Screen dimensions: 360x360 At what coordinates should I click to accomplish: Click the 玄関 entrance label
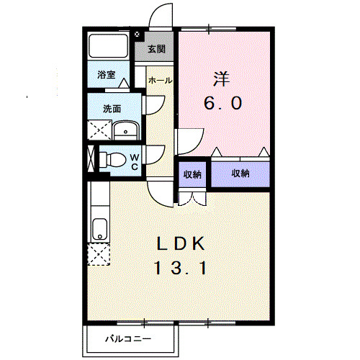[x=157, y=50]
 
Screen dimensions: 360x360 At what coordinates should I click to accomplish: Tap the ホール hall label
[x=160, y=81]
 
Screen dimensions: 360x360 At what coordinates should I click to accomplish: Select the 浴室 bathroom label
[x=107, y=74]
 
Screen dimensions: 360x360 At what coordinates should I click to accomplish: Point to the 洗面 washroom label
[x=112, y=109]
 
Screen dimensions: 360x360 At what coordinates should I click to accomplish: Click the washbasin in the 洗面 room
[x=127, y=130]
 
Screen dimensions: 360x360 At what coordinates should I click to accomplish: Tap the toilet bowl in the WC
[x=113, y=159]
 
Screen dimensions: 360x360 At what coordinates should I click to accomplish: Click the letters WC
[x=134, y=161]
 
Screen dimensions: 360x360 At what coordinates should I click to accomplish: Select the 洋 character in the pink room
[x=220, y=76]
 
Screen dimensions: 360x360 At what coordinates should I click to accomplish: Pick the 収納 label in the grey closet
[x=192, y=174]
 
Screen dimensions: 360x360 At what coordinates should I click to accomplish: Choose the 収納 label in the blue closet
[x=240, y=174]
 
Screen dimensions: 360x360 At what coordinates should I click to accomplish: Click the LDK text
[x=181, y=243]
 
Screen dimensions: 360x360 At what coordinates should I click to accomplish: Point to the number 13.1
[x=181, y=269]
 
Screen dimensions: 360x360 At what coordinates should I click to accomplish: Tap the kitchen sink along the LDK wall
[x=99, y=229]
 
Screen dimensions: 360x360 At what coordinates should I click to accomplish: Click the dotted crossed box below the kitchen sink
[x=97, y=256]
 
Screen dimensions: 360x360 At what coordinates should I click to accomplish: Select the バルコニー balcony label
[x=128, y=338]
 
